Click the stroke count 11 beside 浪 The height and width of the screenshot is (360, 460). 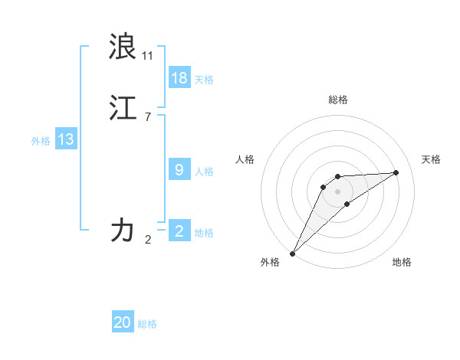(x=147, y=56)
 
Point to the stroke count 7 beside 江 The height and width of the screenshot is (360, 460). (x=147, y=117)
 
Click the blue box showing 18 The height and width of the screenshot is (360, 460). (x=179, y=77)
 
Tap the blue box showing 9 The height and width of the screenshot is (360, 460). (x=179, y=169)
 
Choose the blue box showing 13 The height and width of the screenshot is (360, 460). (x=66, y=139)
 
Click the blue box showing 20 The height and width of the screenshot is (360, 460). (x=123, y=322)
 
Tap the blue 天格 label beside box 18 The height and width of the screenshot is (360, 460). (x=204, y=80)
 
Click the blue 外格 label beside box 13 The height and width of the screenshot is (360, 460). (x=40, y=141)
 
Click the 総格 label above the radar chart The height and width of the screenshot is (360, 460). (x=338, y=100)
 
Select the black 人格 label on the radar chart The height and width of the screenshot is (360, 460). (x=245, y=159)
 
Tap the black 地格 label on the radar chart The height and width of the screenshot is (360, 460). (x=402, y=262)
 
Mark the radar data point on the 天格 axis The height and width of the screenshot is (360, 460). (x=396, y=172)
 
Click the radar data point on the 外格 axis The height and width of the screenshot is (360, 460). (x=292, y=254)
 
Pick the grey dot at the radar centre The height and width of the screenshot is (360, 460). (x=338, y=191)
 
